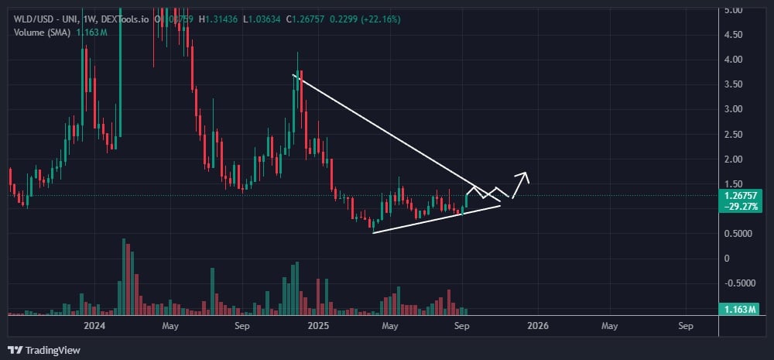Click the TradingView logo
coord(44,350)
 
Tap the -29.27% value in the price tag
coord(745,207)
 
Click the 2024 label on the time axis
coord(95,326)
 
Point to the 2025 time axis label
coord(317,326)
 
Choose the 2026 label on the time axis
coord(537,326)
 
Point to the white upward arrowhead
coord(525,175)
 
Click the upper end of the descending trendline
coord(293,75)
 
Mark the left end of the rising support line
coord(373,232)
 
